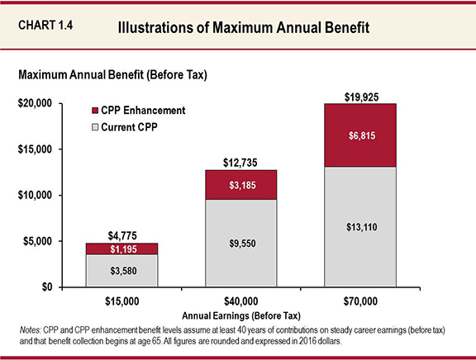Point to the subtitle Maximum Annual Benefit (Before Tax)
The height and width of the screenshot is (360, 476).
click(x=111, y=75)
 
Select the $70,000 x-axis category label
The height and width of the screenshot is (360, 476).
click(x=359, y=301)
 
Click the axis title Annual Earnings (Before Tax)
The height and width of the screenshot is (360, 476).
click(x=241, y=315)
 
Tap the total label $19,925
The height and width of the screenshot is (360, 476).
click(x=361, y=97)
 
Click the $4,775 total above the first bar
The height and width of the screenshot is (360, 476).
click(x=122, y=235)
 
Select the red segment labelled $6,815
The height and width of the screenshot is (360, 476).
click(x=361, y=135)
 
